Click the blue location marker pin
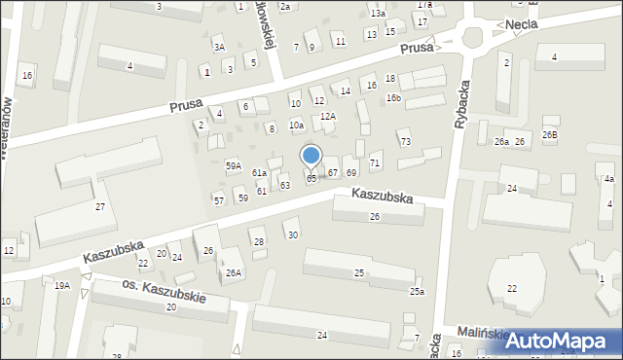[x=311, y=157]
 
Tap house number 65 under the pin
[x=311, y=179]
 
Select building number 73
[x=405, y=142]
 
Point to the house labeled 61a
[x=260, y=172]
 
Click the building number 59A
[x=234, y=165]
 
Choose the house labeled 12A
[x=328, y=116]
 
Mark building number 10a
[x=296, y=126]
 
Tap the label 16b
[x=393, y=97]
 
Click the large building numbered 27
[x=99, y=207]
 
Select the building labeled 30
[x=293, y=234]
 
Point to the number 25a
[x=417, y=291]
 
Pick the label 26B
[x=551, y=134]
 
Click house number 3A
[x=220, y=47]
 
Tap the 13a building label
[x=378, y=13]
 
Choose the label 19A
[x=62, y=285]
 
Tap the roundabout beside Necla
[x=474, y=39]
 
